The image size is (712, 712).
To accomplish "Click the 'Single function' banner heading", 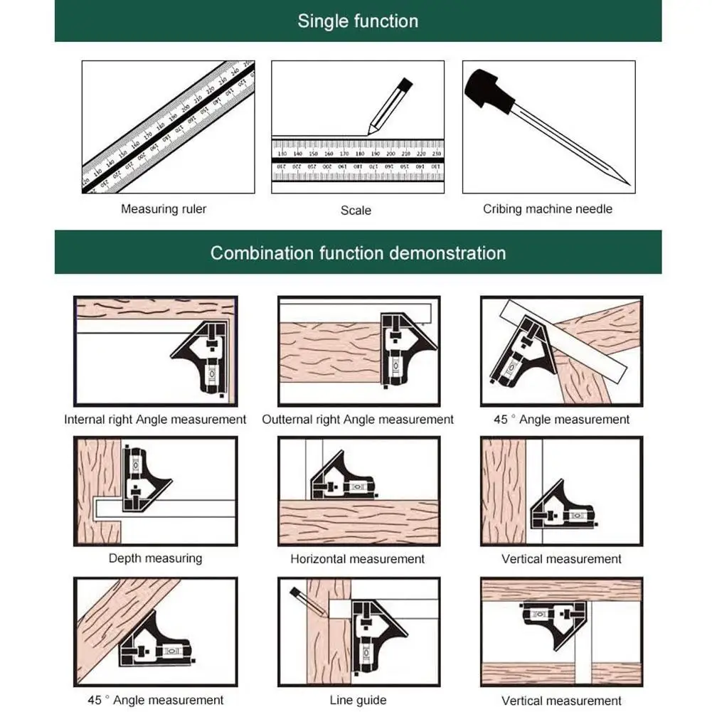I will click(x=358, y=21).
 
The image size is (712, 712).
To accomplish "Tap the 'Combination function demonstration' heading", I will click(x=358, y=253).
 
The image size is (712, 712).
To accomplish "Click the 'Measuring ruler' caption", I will click(x=164, y=209).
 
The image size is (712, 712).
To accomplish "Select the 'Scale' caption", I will click(x=356, y=210).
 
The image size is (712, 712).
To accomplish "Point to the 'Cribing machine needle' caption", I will click(x=548, y=209).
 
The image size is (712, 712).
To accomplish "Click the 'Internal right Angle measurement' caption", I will click(x=155, y=420).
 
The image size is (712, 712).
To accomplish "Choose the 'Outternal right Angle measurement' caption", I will click(x=358, y=420).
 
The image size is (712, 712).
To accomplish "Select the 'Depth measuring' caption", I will click(x=155, y=558).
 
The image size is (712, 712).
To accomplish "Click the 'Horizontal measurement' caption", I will click(x=357, y=559).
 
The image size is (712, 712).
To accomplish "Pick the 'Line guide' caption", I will click(x=358, y=701).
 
